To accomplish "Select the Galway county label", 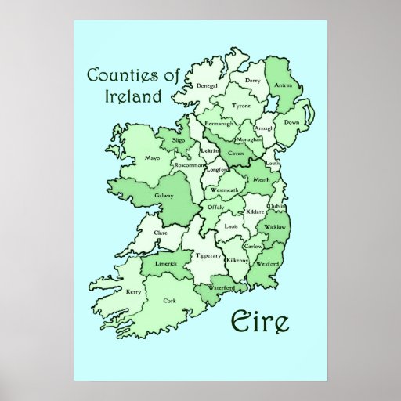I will [164, 196].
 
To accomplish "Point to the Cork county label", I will [170, 300].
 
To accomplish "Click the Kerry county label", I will [132, 292].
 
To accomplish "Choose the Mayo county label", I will [130, 157].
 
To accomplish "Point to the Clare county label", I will [161, 233].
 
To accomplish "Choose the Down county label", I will [292, 123].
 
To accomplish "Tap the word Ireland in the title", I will [132, 97].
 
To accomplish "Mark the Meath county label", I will [262, 179].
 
